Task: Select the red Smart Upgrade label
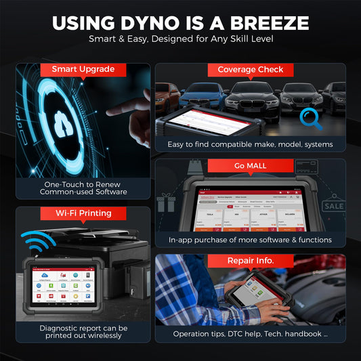[x=83, y=69]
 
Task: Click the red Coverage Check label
[x=250, y=69]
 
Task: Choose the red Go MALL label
[x=250, y=165]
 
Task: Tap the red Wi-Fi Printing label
[x=83, y=213]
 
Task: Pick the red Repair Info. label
[x=250, y=261]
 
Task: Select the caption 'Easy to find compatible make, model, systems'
[x=251, y=144]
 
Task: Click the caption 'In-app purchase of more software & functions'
[x=251, y=240]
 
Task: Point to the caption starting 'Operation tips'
[x=251, y=334]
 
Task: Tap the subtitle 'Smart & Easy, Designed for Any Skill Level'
[x=180, y=39]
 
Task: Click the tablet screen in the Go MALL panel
[x=249, y=207]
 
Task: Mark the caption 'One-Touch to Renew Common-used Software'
[x=83, y=187]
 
